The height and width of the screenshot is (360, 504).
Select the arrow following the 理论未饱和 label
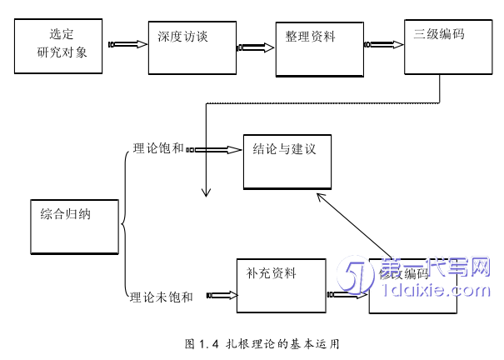point(220,294)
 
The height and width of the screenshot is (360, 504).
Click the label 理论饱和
point(158,150)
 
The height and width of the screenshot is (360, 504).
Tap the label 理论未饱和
point(162,296)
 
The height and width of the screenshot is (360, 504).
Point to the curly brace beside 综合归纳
point(125,223)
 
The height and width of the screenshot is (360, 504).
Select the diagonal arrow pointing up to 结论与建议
point(356,224)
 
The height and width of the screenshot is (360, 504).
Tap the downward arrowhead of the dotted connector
point(205,192)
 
